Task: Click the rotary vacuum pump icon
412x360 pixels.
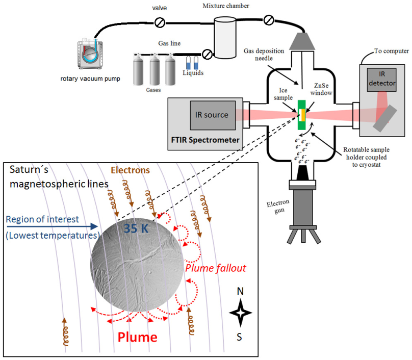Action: pyautogui.click(x=90, y=54)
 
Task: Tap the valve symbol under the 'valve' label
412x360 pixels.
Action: pyautogui.click(x=160, y=22)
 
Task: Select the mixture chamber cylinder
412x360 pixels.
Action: pyautogui.click(x=225, y=38)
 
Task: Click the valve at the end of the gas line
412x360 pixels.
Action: pyautogui.click(x=208, y=55)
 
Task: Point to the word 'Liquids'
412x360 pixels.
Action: pyautogui.click(x=193, y=73)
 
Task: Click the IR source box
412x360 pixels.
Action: pyautogui.click(x=213, y=115)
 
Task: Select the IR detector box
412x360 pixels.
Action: pyautogui.click(x=381, y=80)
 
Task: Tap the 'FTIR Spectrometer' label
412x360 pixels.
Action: pyautogui.click(x=205, y=140)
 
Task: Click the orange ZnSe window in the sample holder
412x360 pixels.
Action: pyautogui.click(x=303, y=115)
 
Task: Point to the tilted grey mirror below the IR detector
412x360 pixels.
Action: pyautogui.click(x=385, y=118)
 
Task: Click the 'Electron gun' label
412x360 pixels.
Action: pyautogui.click(x=278, y=207)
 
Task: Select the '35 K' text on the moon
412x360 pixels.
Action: pyautogui.click(x=136, y=228)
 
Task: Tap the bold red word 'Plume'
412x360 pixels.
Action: pyautogui.click(x=138, y=337)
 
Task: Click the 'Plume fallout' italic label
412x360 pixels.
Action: pyautogui.click(x=216, y=268)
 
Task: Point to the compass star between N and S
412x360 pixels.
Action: pyautogui.click(x=241, y=313)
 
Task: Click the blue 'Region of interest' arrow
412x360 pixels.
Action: pyautogui.click(x=52, y=226)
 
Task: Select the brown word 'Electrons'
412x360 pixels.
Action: pyautogui.click(x=130, y=170)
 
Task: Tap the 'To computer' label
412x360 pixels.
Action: pyautogui.click(x=392, y=51)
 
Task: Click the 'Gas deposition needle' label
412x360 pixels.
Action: pyautogui.click(x=264, y=55)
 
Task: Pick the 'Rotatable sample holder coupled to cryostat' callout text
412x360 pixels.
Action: pyautogui.click(x=366, y=157)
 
